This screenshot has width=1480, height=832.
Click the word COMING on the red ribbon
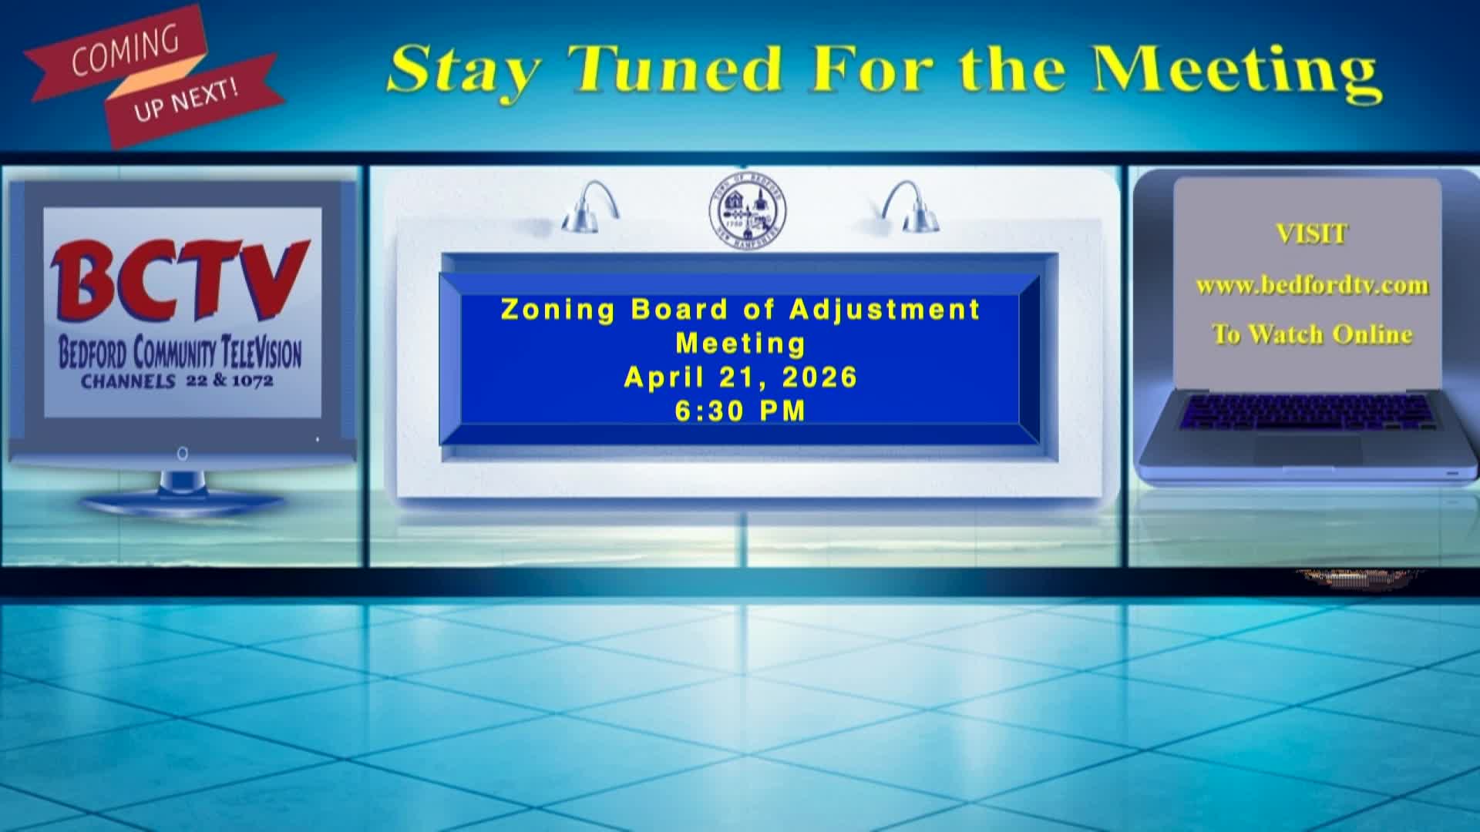[125, 52]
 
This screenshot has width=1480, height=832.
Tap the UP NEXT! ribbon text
[186, 100]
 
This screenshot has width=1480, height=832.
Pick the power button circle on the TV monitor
[183, 454]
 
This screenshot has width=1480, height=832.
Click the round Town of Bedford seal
[748, 210]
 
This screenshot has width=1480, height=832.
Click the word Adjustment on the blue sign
[885, 310]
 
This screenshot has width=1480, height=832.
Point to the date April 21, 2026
[741, 377]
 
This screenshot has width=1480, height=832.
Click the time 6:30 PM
[741, 411]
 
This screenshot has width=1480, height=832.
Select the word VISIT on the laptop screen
[1312, 234]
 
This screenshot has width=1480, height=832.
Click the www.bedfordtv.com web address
[1312, 286]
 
